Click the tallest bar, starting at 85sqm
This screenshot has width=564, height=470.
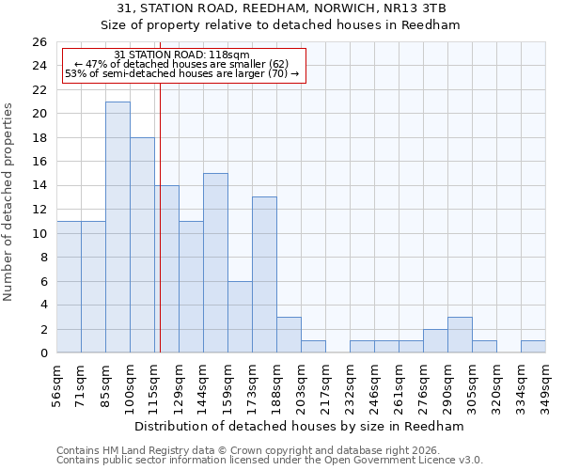pos(117,227)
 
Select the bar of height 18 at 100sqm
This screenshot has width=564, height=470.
pos(142,245)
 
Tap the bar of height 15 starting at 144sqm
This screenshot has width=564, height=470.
pos(215,263)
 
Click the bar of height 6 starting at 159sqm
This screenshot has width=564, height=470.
pos(240,317)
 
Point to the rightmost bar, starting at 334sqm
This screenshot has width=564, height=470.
pos(533,347)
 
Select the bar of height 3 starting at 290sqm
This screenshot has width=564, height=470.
pos(460,336)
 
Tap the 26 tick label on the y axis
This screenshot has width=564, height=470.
pos(39,42)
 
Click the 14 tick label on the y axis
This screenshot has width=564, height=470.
pos(39,186)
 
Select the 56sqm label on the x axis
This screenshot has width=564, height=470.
pos(56,384)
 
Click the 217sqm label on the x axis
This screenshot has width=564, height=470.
pos(325,384)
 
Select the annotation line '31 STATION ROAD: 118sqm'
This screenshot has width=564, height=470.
pos(181,55)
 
